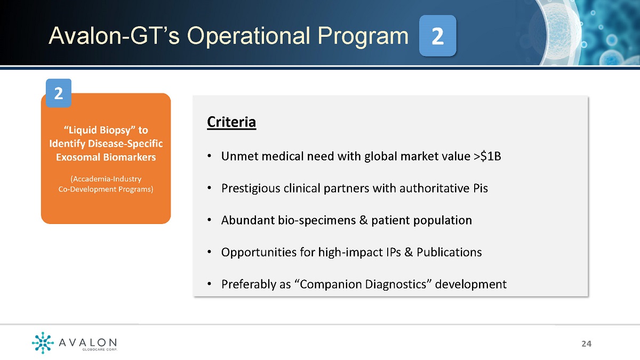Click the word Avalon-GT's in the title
coord(114,36)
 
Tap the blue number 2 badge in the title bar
coord(437,36)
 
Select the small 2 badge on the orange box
coord(59,93)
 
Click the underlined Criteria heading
coord(231,122)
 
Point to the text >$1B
coord(487,156)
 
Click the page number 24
coord(587,343)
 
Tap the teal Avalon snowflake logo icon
coord(43,342)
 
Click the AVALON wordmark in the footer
coord(87,342)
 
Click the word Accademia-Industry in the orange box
coord(106,179)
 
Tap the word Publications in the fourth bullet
coord(449,252)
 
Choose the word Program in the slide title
coord(363,37)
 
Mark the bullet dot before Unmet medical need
coord(210,156)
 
